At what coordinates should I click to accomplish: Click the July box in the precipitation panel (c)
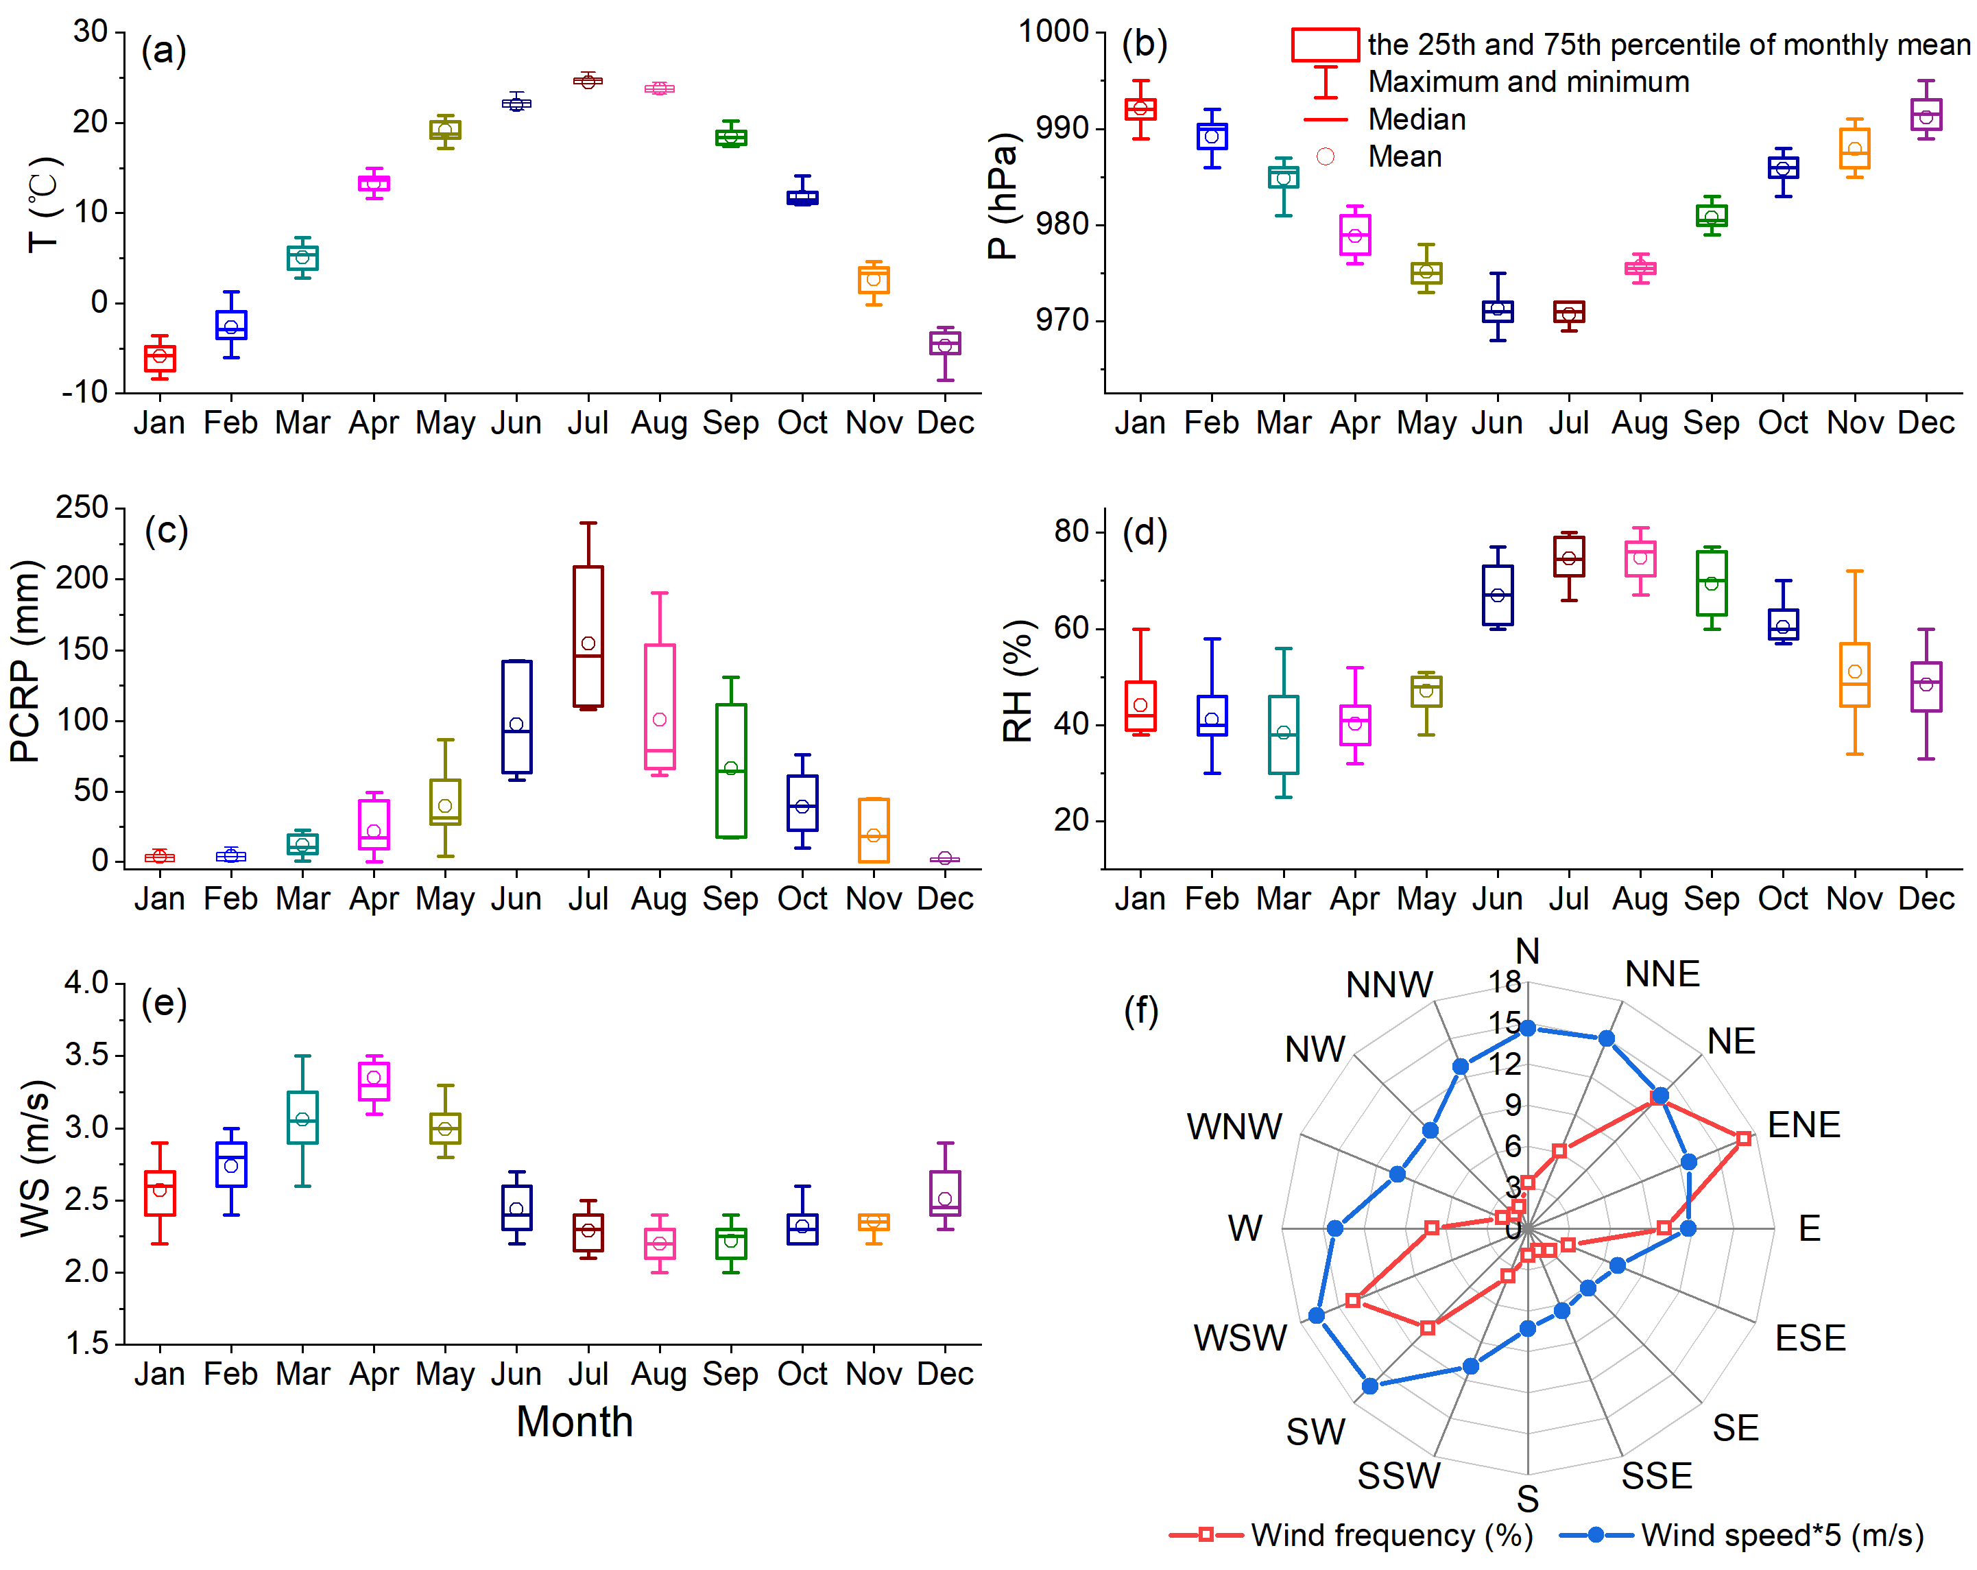coord(588,637)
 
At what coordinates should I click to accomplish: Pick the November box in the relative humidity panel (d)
coord(1854,675)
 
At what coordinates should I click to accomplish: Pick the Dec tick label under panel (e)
coord(944,1374)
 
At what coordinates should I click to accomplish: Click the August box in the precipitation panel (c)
coord(659,707)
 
